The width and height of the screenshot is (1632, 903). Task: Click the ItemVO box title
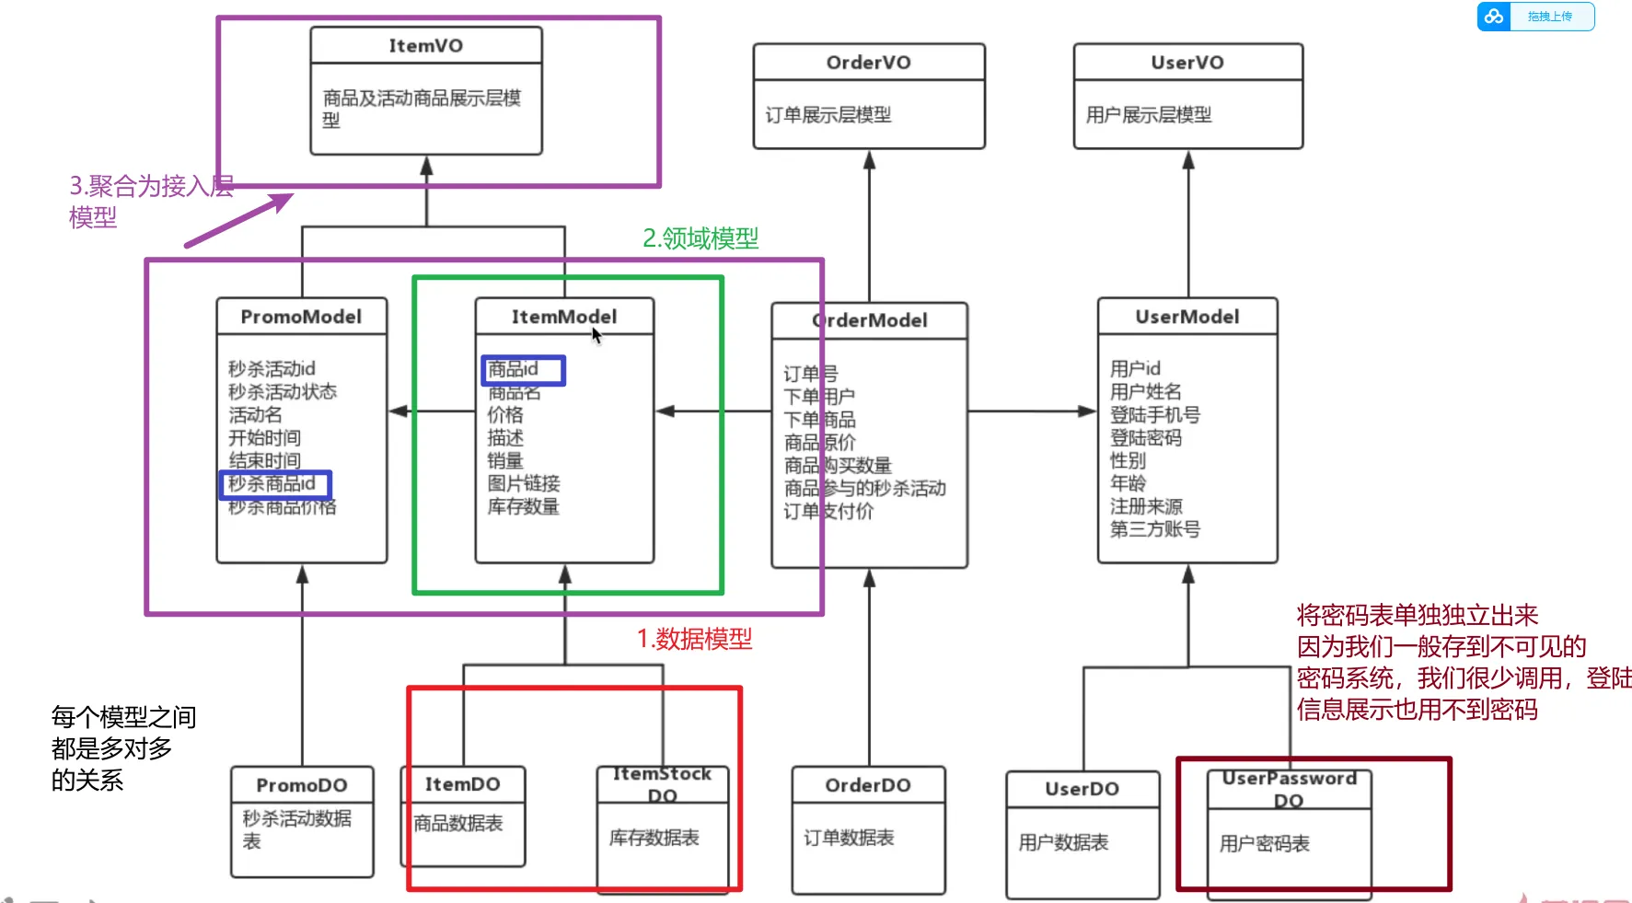click(425, 46)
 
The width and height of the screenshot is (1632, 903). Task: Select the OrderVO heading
click(868, 63)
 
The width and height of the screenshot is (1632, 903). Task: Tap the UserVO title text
click(1187, 63)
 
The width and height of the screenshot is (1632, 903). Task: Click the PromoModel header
click(301, 317)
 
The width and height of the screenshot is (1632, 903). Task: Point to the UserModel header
click(1186, 317)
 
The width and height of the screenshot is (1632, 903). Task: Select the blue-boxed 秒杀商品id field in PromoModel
click(274, 484)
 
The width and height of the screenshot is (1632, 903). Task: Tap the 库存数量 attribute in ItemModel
click(523, 506)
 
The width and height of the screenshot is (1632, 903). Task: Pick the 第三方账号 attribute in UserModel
click(1154, 529)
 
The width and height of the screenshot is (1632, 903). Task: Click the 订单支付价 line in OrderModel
click(828, 512)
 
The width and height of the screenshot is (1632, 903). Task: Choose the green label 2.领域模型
click(700, 238)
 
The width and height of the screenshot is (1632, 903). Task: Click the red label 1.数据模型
click(694, 639)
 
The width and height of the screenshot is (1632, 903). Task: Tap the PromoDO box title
click(301, 785)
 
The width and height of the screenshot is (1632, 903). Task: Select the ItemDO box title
click(462, 784)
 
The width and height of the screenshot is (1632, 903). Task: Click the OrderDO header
click(867, 785)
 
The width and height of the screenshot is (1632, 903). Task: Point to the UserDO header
click(1082, 789)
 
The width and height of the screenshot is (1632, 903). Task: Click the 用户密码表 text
click(1264, 844)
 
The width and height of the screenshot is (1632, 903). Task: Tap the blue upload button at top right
click(1535, 17)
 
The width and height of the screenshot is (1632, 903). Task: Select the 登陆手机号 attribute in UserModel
click(1154, 415)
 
